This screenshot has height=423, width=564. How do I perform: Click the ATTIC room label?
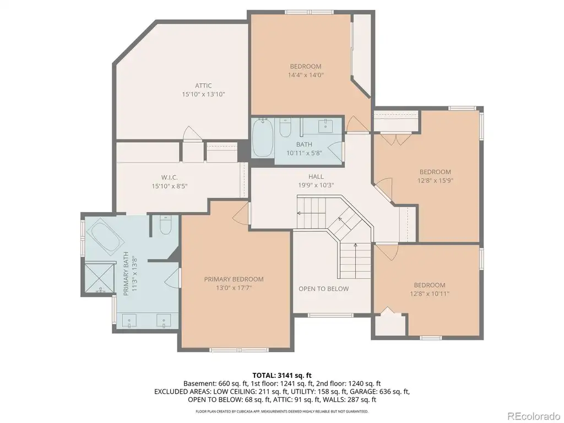203,85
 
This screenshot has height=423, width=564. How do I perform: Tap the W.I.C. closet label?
170,178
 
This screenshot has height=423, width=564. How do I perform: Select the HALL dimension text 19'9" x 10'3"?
316,185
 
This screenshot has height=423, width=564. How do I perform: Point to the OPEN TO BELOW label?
324,289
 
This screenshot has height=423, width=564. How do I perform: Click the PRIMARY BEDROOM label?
234,279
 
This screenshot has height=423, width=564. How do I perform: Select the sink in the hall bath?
327,124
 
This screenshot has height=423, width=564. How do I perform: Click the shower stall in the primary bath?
100,278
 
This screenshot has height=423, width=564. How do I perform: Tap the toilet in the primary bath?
165,225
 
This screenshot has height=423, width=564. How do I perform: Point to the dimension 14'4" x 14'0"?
306,75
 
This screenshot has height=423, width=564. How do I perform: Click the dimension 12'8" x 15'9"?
435,181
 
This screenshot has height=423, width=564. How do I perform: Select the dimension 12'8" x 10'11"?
430,294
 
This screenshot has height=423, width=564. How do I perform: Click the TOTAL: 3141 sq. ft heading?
281,376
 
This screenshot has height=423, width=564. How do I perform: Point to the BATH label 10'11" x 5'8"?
304,149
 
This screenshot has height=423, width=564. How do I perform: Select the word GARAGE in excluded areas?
364,392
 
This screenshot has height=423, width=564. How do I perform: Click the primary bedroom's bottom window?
239,350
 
